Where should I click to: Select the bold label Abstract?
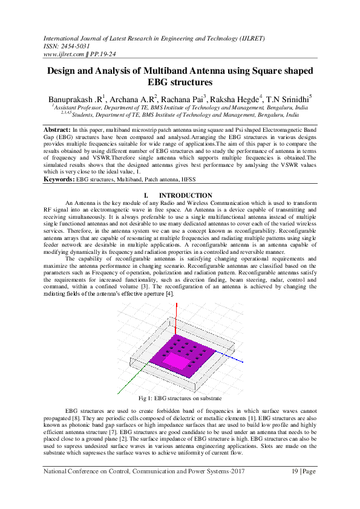(x=57, y=130)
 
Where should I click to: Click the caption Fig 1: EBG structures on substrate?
(x=180, y=398)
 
